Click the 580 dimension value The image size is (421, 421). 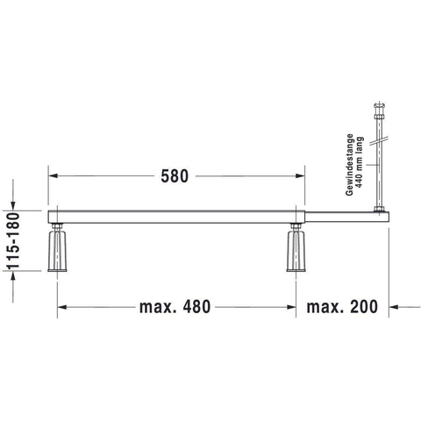[175, 176]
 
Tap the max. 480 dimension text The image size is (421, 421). [175, 307]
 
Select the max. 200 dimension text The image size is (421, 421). [342, 307]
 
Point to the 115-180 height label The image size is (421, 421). [13, 240]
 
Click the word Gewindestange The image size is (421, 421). [350, 165]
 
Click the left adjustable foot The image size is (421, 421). [57, 252]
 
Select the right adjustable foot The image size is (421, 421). [296, 252]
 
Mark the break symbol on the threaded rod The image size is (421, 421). [380, 140]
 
